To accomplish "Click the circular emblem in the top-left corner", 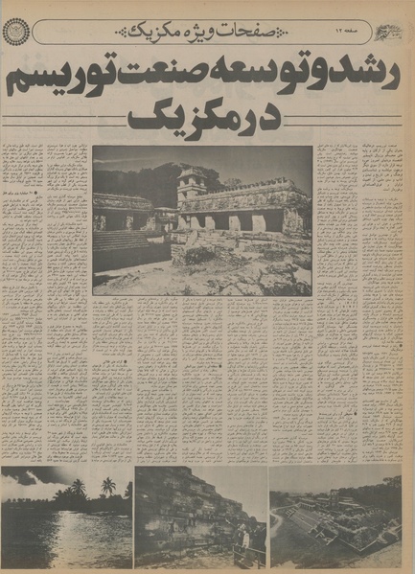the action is click(x=18, y=33).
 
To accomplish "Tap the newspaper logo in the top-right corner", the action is click(x=392, y=31).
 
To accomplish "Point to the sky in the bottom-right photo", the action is click(x=335, y=479).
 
